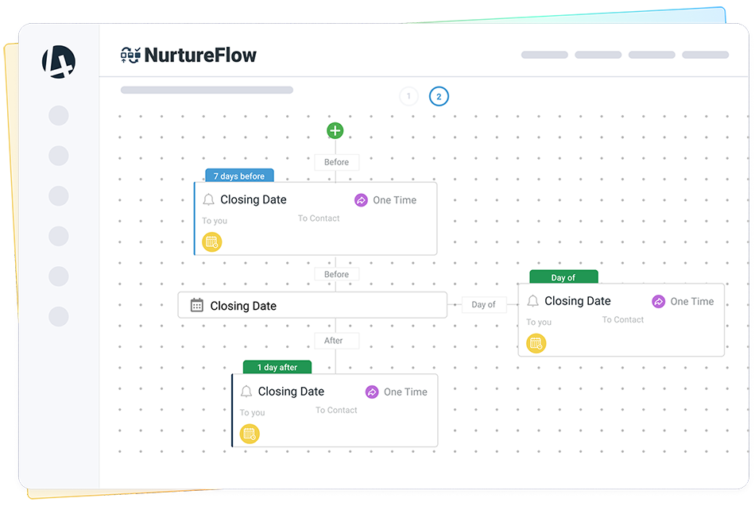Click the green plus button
coord(335,130)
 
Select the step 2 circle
coord(439,96)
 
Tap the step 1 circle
coord(408,96)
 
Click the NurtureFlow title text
coord(200,56)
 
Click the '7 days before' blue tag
coord(239,176)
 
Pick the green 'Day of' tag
coord(563,277)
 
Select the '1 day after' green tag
coord(277,367)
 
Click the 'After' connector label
coord(333,341)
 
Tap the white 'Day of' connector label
coord(483,304)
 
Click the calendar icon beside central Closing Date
coord(197,305)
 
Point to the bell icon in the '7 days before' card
coord(208,199)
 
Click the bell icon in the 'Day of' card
coord(533,301)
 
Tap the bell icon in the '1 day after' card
coord(246,392)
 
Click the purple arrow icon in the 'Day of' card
coord(658,301)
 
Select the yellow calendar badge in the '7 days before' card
coord(212,241)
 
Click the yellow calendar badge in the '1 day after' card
coord(250,434)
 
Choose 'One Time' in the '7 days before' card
coord(394,200)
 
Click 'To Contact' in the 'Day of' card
coord(622,319)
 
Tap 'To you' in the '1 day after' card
coord(252,412)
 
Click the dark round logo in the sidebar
coord(59,62)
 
